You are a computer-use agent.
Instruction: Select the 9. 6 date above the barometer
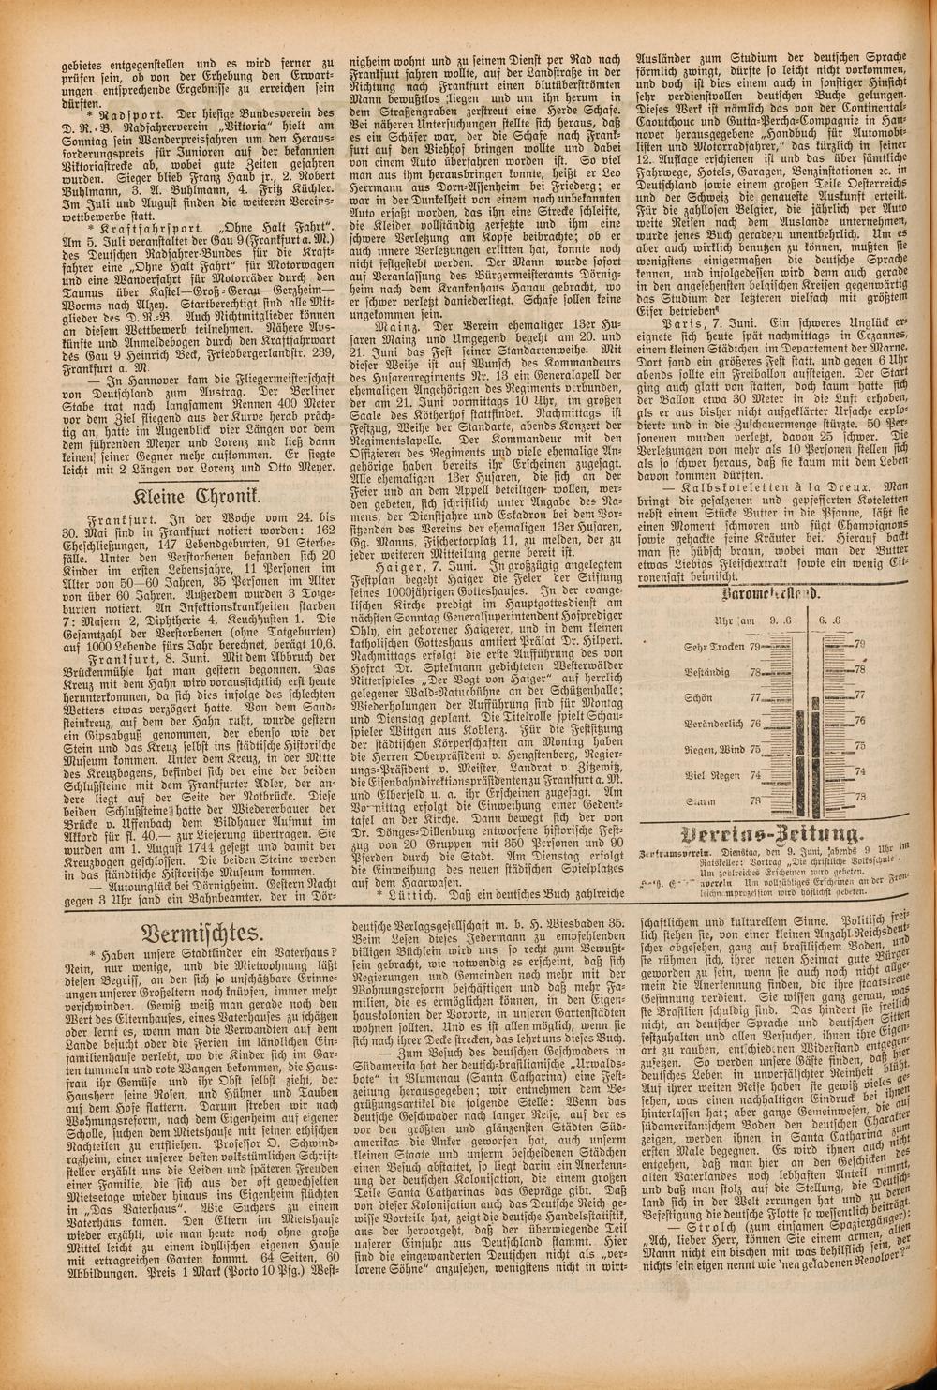pyautogui.click(x=781, y=620)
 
